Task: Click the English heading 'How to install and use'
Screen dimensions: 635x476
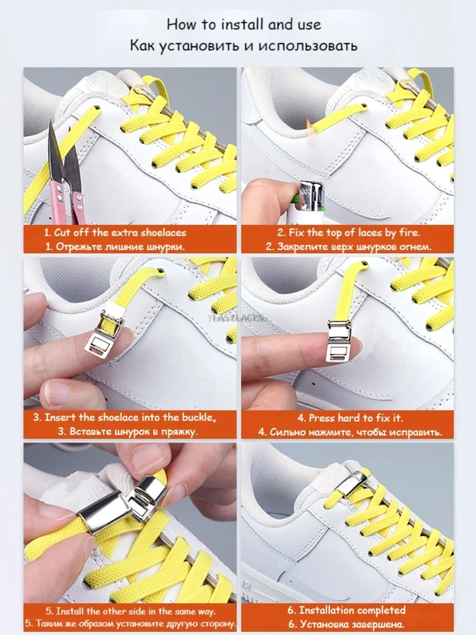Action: point(244,25)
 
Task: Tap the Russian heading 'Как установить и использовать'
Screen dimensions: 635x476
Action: point(244,46)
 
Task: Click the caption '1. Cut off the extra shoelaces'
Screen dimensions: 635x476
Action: point(115,232)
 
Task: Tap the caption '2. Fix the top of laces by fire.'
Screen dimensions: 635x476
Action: point(348,232)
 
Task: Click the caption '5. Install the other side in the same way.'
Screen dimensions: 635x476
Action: point(130,612)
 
